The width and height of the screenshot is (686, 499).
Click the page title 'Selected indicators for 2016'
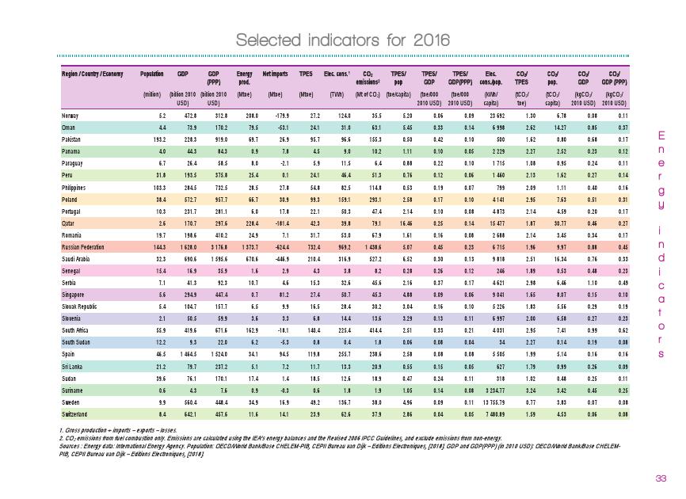click(343, 40)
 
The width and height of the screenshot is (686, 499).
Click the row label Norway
click(71, 116)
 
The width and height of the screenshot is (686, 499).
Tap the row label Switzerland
click(75, 413)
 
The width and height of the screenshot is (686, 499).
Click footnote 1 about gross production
click(121, 429)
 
